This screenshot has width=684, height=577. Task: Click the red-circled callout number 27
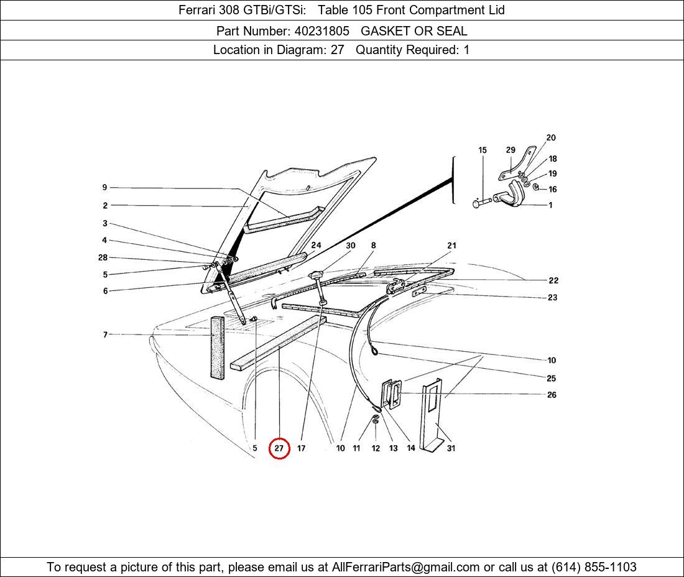279,448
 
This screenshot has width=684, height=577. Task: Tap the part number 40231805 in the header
322,31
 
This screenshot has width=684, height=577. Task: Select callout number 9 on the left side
104,187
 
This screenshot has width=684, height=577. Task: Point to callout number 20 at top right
551,137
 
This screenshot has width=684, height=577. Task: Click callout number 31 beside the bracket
451,448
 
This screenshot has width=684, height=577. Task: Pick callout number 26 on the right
552,395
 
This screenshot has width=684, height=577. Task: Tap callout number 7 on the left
105,335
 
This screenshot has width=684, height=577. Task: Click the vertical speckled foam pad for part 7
217,348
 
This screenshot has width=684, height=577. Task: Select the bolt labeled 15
482,202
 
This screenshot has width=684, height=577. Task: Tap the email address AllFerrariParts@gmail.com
405,567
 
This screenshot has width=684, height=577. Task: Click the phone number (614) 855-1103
594,567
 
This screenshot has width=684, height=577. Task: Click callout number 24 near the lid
317,245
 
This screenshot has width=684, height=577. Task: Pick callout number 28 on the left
103,257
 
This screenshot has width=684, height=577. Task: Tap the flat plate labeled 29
517,164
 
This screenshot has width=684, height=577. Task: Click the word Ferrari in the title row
196,10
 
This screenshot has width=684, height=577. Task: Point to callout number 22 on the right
553,280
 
